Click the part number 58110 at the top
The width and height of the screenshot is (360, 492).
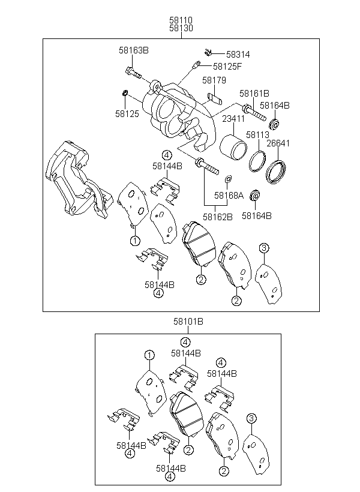[x=181, y=20]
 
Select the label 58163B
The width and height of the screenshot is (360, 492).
[x=134, y=50]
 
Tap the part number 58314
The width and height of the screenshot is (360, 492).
[x=238, y=55]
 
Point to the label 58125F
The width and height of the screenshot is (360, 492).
[x=227, y=67]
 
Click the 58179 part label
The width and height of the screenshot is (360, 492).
[x=214, y=80]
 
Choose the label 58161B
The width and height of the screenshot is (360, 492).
[x=254, y=94]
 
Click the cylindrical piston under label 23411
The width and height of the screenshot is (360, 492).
[x=233, y=147]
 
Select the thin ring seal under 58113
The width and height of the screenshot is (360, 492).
[x=257, y=161]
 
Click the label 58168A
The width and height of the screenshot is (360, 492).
[x=229, y=196]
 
